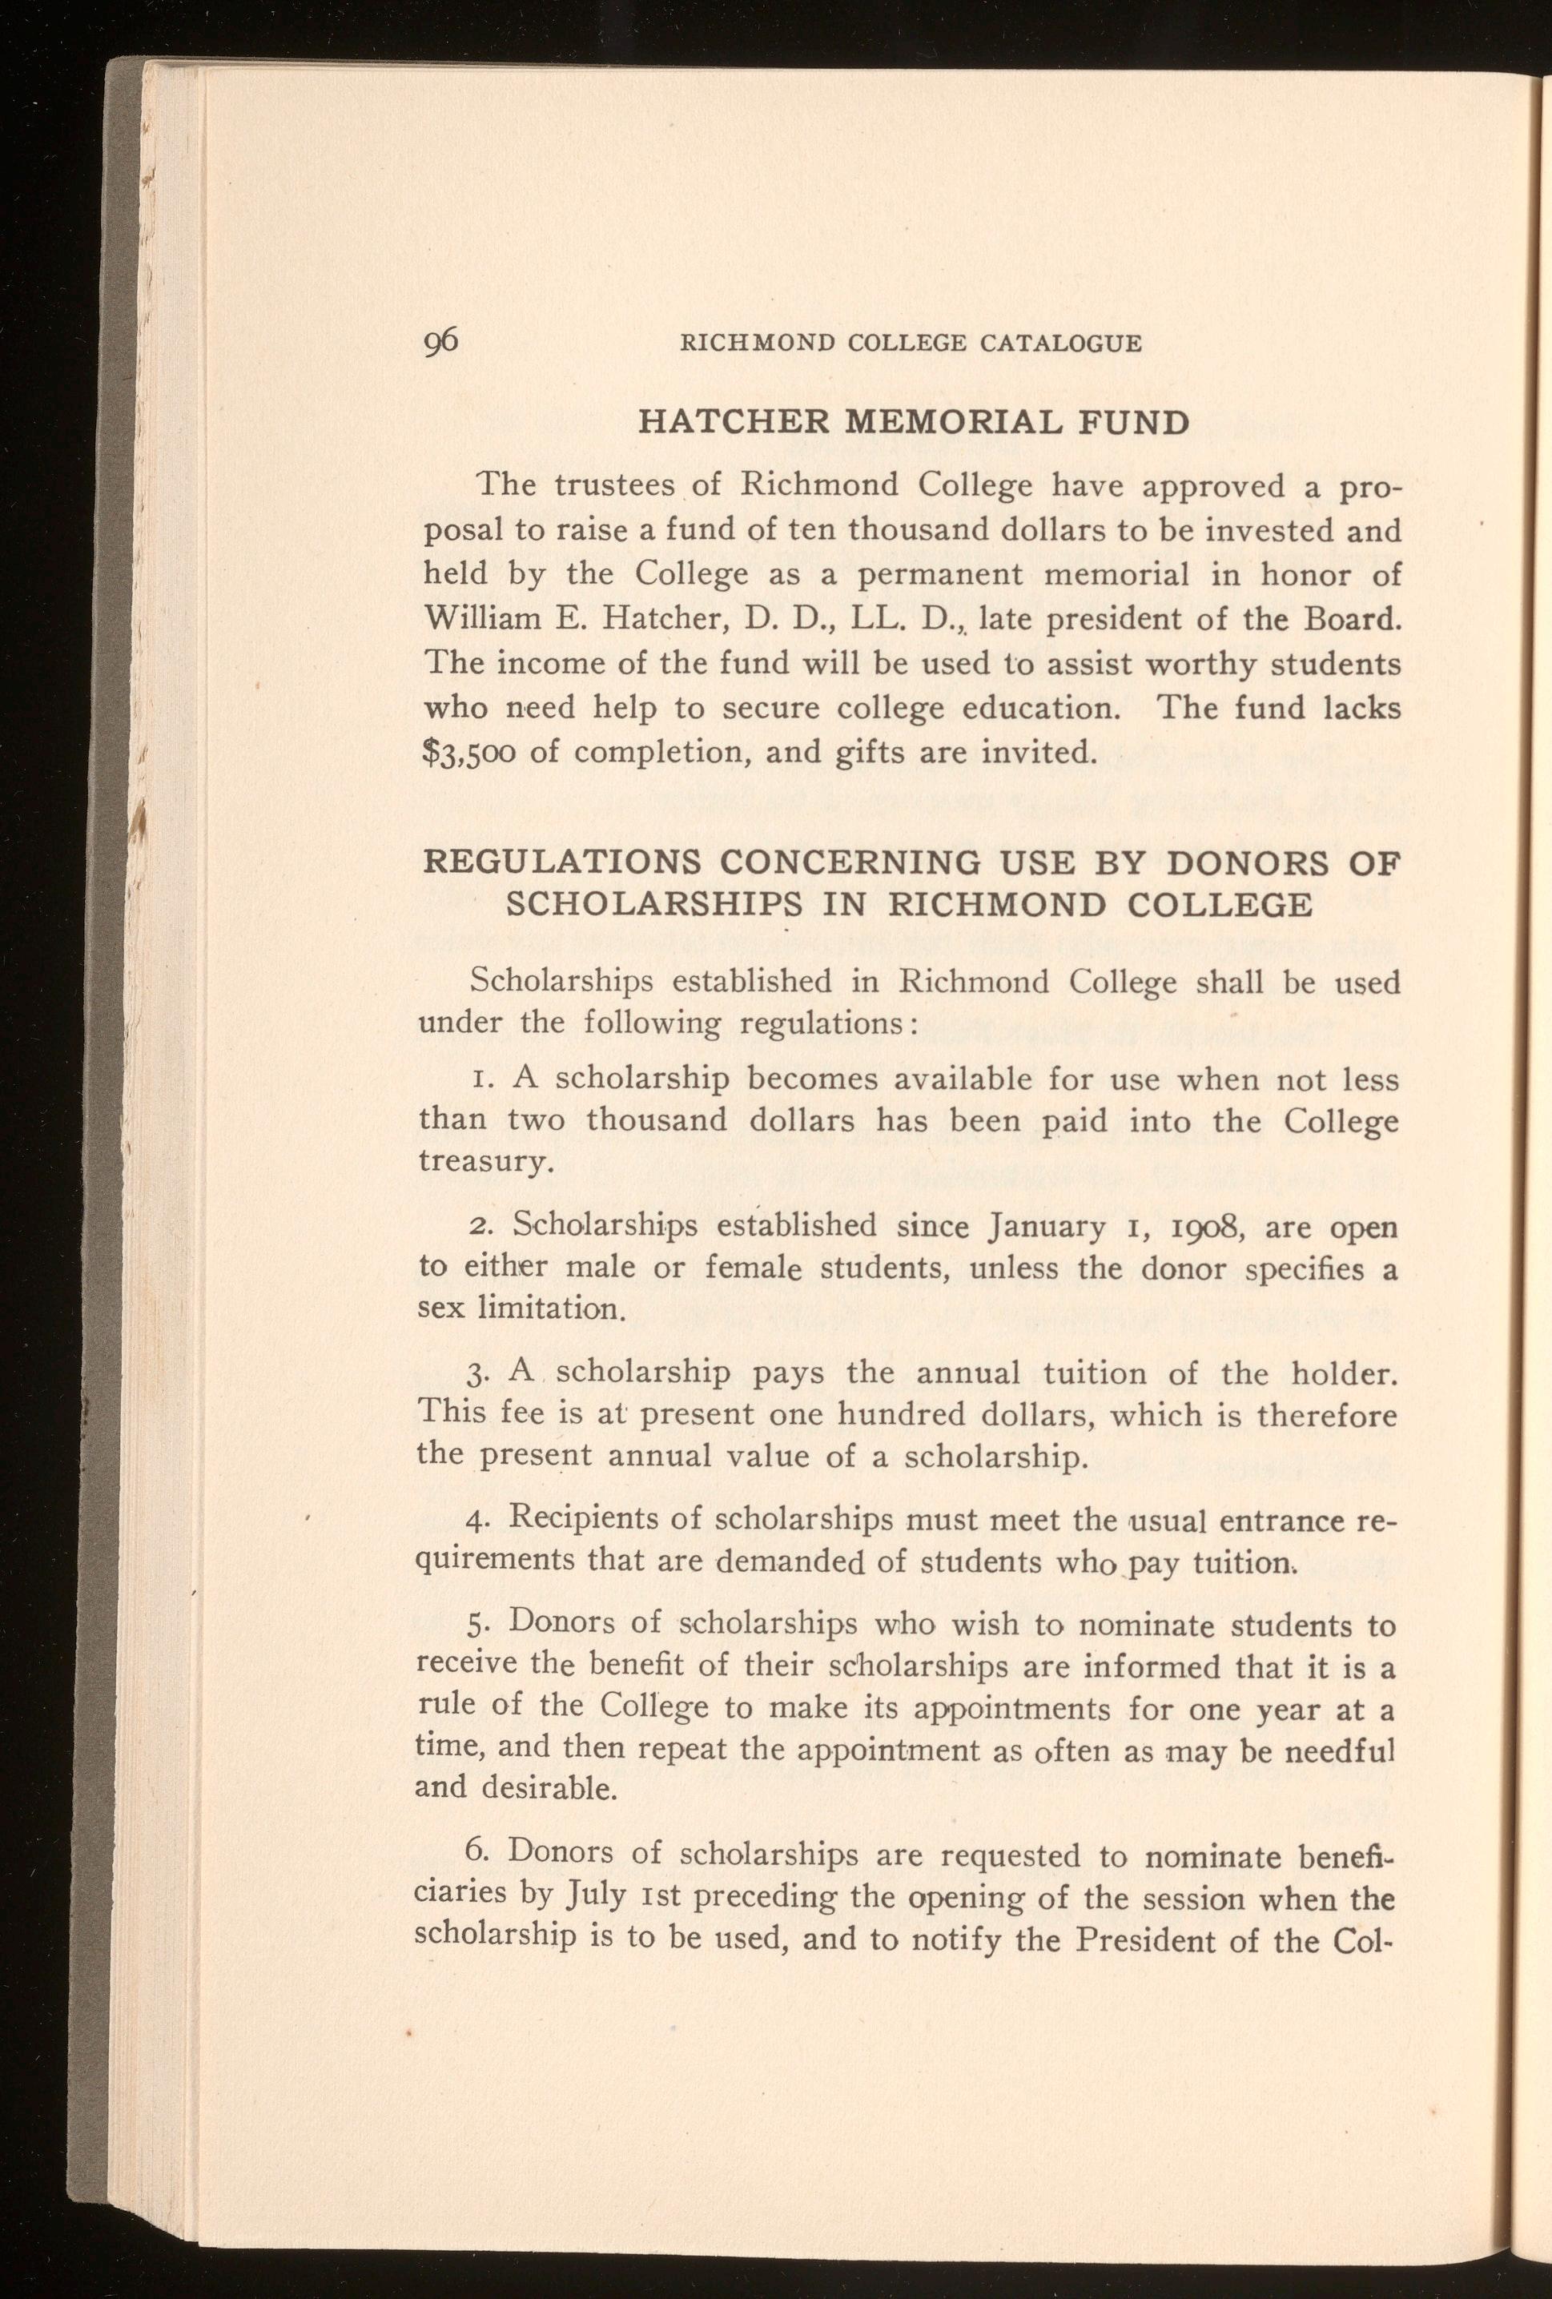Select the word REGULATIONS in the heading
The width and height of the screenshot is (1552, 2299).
[x=563, y=862]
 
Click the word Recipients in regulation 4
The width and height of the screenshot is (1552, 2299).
[x=593, y=1522]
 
